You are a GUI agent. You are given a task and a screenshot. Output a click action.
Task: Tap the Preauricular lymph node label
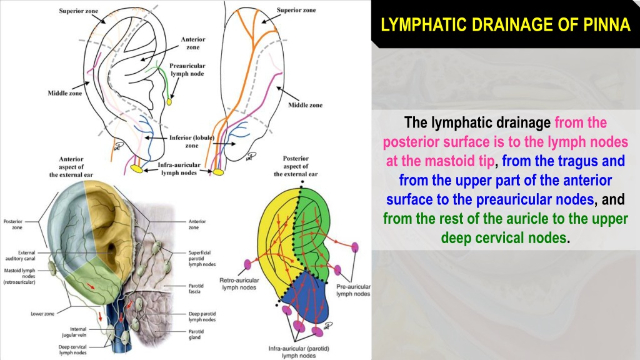point(187,70)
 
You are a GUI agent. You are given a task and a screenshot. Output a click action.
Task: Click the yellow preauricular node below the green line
point(169,102)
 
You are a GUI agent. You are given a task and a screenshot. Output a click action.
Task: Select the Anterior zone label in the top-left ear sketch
point(193,43)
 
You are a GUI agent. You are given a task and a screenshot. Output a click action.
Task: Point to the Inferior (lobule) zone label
point(192,142)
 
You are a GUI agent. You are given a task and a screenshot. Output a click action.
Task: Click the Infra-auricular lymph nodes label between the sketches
point(179,169)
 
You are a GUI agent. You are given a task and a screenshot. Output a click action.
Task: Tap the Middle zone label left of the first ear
point(65,93)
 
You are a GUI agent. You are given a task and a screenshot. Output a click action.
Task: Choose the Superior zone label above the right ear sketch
point(296,10)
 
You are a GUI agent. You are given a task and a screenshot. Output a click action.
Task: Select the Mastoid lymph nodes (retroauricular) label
point(19,276)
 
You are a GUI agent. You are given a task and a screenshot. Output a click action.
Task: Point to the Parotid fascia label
point(196,289)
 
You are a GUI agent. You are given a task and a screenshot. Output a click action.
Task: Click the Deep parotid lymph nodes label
point(202,317)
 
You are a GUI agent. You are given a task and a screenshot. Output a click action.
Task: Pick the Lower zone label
point(42,314)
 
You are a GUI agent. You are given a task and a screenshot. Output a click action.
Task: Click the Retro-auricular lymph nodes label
point(239,284)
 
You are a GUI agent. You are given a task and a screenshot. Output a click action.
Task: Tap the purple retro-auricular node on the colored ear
point(247,264)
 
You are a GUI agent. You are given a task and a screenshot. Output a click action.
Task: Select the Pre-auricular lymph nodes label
point(354,290)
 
